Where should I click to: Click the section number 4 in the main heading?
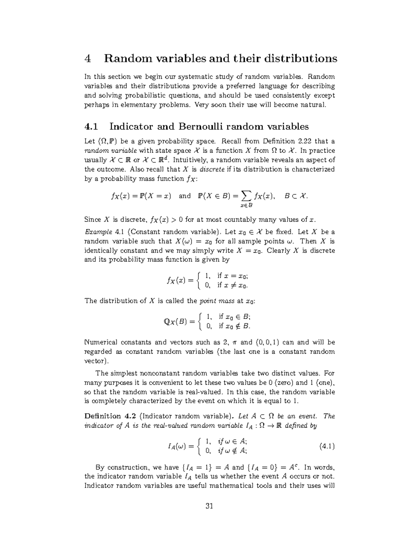88,58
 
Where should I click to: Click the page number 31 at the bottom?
209,506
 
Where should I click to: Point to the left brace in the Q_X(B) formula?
199,321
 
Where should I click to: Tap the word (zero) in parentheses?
285,383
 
